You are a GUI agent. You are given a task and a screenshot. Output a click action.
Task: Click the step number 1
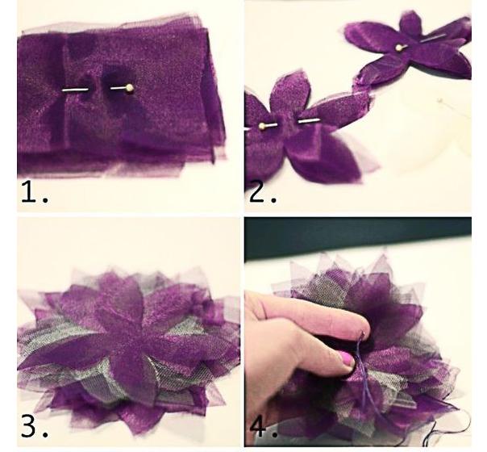pyautogui.click(x=34, y=192)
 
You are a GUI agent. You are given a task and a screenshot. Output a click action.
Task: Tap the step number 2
pyautogui.click(x=262, y=192)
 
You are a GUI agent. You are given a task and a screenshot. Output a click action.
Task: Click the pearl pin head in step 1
pyautogui.click(x=130, y=88)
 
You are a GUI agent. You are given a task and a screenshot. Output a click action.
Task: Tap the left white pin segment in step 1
pyautogui.click(x=75, y=90)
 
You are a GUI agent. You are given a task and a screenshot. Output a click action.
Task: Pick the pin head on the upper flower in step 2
pyautogui.click(x=398, y=48)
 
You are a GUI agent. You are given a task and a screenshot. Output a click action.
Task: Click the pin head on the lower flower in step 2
pyautogui.click(x=262, y=126)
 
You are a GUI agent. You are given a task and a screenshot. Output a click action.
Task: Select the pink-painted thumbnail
pyautogui.click(x=347, y=358)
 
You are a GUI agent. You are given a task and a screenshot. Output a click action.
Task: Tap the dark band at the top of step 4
pyautogui.click(x=358, y=236)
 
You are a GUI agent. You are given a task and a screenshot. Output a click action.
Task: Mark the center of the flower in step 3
pyautogui.click(x=131, y=337)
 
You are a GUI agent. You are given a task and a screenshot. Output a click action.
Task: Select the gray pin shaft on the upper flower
pyautogui.click(x=433, y=38)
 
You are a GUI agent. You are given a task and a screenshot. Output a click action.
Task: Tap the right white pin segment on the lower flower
pyautogui.click(x=309, y=120)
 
